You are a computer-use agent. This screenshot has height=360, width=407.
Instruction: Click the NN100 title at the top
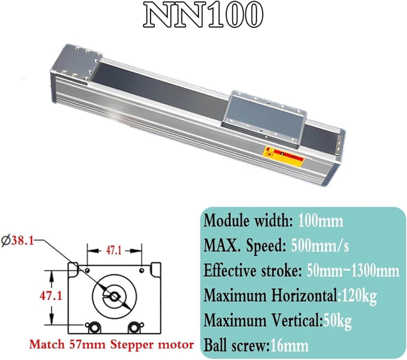pyautogui.click(x=203, y=15)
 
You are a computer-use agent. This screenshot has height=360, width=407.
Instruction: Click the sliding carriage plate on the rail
pyautogui.click(x=265, y=119)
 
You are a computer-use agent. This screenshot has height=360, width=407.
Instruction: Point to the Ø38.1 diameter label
pyautogui.click(x=18, y=241)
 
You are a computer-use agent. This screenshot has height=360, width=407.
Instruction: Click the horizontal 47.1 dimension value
pyautogui.click(x=114, y=250)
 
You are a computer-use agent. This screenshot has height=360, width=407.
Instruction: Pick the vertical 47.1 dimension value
pyautogui.click(x=51, y=295)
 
